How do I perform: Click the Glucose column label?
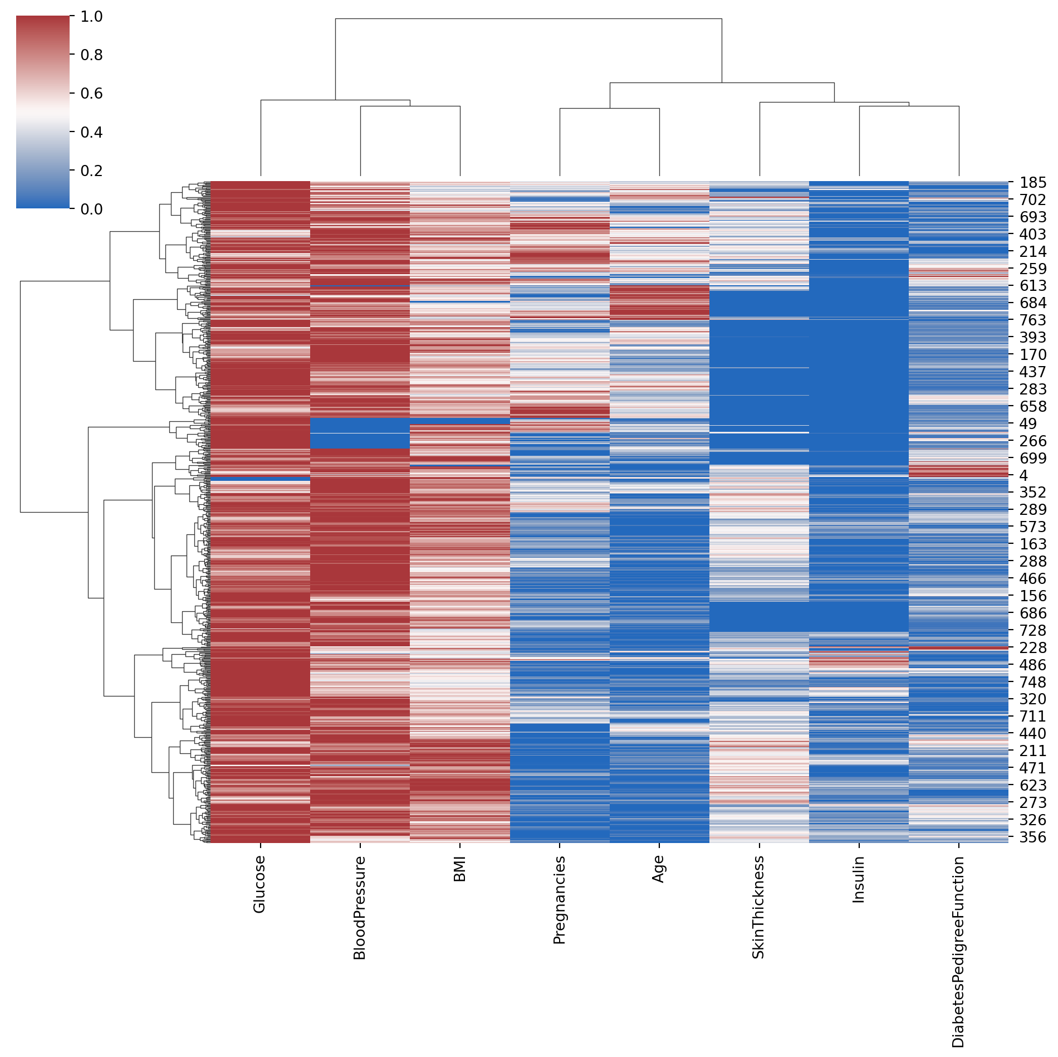tap(259, 884)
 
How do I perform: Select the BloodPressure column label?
tap(359, 908)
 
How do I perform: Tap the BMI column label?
tap(459, 869)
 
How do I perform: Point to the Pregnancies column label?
tap(559, 900)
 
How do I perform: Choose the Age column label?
tap(659, 869)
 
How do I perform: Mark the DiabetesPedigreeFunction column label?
tap(958, 952)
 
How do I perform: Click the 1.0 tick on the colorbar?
tap(91, 17)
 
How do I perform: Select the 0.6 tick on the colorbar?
tap(91, 94)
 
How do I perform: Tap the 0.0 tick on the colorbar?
tap(91, 210)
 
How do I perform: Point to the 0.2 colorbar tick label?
tap(91, 171)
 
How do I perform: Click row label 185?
tap(1033, 183)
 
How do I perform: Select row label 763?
tap(1033, 320)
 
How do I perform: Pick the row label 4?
tap(1023, 476)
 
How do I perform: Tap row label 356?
tap(1033, 837)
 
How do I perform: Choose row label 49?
tap(1028, 424)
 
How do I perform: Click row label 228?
tap(1033, 648)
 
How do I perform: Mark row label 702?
tap(1033, 200)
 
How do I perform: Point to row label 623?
tap(1033, 786)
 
